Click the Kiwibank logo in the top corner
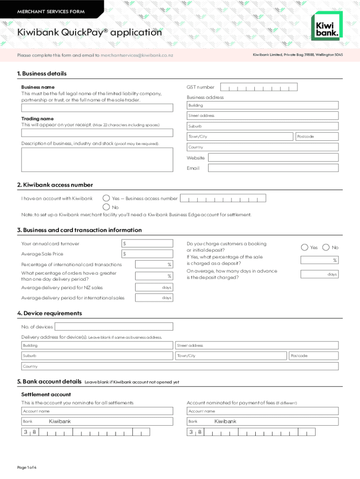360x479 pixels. coord(326,27)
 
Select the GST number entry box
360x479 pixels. coord(259,87)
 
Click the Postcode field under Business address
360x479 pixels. coord(316,137)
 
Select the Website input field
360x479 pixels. coord(273,158)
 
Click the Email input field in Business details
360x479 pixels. coord(273,168)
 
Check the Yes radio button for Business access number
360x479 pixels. coord(107,198)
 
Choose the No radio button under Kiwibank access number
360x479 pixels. coord(107,207)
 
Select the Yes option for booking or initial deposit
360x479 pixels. coord(305,247)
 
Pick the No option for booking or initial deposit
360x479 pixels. coord(326,247)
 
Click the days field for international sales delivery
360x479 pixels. coord(154,298)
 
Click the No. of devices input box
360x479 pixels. coord(113,327)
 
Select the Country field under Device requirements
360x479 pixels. coord(180,366)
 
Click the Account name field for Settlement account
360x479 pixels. coord(97,411)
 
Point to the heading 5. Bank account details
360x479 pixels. coord(49,382)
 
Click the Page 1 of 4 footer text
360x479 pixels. coord(27,467)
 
